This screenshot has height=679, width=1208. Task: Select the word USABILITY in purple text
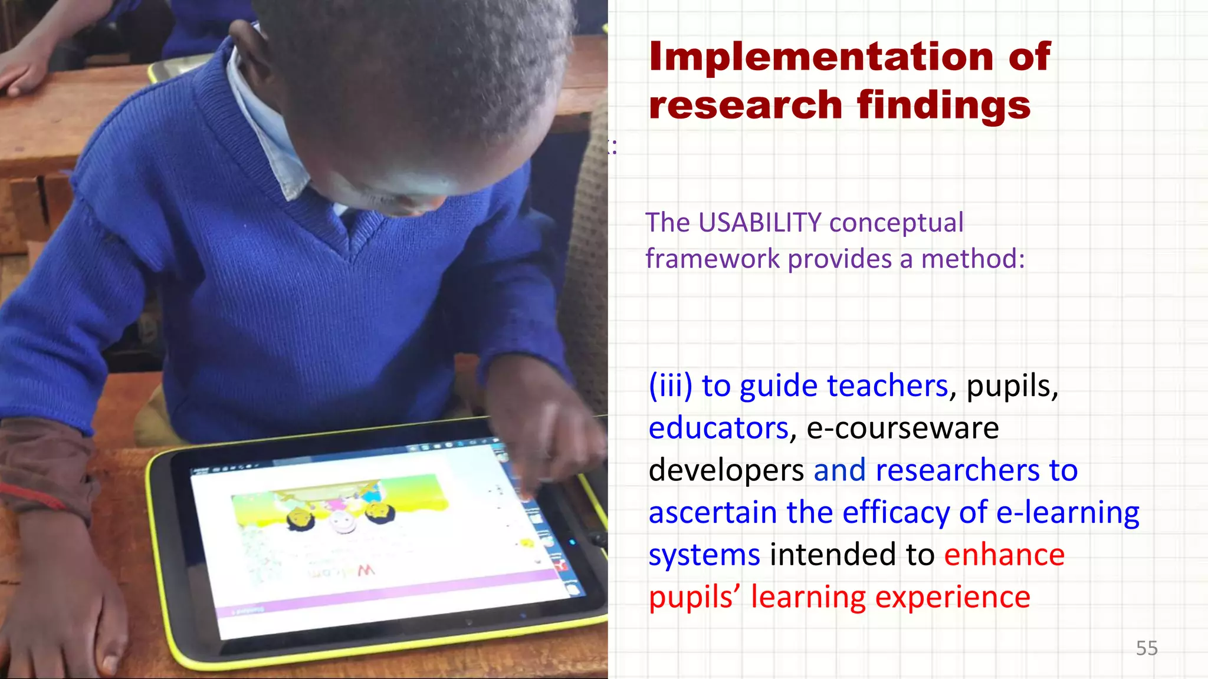click(760, 223)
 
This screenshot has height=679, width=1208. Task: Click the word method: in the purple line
click(973, 259)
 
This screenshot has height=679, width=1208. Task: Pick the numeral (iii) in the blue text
click(670, 386)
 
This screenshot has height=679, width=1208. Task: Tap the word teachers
click(887, 386)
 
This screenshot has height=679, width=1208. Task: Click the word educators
click(718, 428)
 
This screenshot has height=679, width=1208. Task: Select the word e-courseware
click(902, 428)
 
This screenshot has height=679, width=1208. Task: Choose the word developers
click(726, 470)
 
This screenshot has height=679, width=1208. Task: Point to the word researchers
click(957, 470)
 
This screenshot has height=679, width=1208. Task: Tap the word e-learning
click(1068, 512)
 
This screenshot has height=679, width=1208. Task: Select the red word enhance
click(1004, 555)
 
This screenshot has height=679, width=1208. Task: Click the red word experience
click(952, 597)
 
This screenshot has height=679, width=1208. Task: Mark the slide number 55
click(1147, 648)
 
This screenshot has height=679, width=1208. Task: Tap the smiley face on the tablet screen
click(341, 522)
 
